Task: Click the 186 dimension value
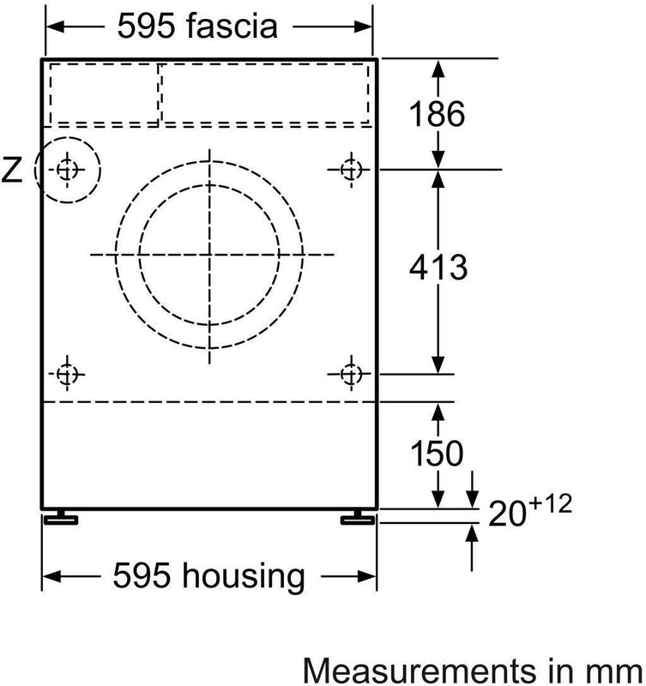(x=438, y=114)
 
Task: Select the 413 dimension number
(x=438, y=268)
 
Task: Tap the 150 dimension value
(x=437, y=453)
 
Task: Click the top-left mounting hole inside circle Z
(x=67, y=169)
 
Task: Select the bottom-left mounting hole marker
(x=67, y=374)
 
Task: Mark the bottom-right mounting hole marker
(x=349, y=374)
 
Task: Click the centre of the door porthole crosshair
(x=208, y=255)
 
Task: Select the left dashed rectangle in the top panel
(x=104, y=93)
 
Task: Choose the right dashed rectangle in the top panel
(x=267, y=93)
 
